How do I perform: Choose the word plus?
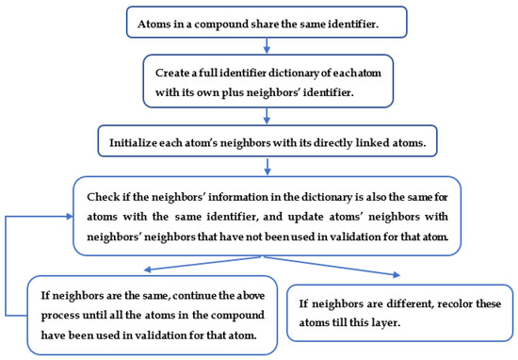click(x=233, y=93)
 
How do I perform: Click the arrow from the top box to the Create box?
click(x=267, y=45)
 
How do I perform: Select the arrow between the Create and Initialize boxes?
click(x=267, y=116)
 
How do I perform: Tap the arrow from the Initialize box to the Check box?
click(x=267, y=167)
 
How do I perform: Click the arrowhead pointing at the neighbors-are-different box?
click(x=397, y=274)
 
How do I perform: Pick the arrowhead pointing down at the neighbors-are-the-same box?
click(x=148, y=270)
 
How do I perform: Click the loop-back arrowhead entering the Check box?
click(x=70, y=217)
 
